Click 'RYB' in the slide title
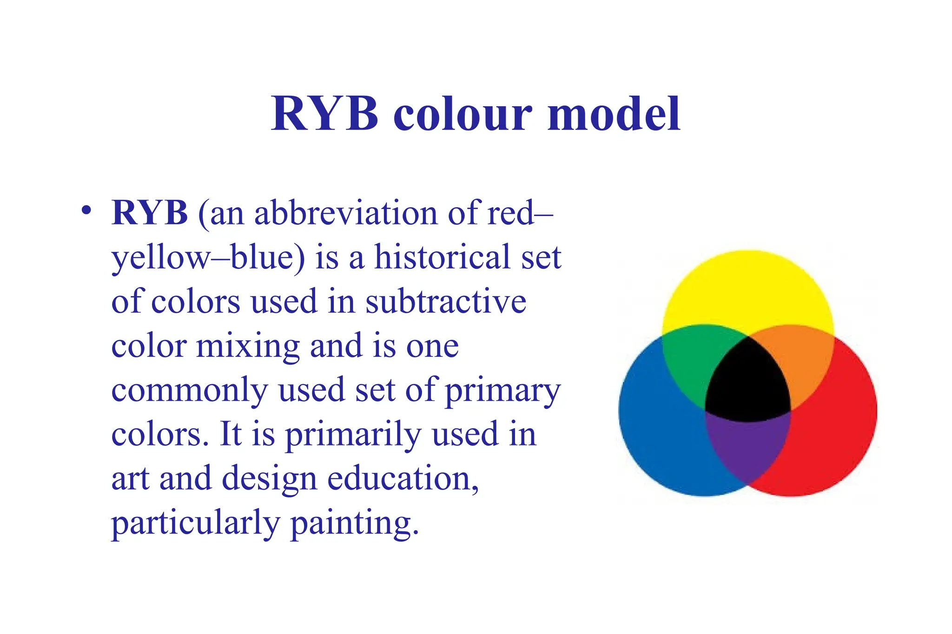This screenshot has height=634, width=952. pos(324,114)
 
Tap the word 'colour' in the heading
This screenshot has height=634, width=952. pos(463,115)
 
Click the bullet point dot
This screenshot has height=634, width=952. pos(86,210)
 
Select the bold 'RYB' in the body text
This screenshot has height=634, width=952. pos(149,213)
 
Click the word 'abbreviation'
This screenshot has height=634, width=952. pos(346,213)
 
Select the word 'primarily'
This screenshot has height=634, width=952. pos(353,435)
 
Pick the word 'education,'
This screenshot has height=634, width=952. pos(403,478)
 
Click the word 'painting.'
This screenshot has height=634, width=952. pos(355,523)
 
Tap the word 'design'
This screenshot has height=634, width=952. pos(269,479)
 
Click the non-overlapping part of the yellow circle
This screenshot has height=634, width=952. pos(747,288)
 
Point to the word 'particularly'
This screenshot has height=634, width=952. pos(195,523)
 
